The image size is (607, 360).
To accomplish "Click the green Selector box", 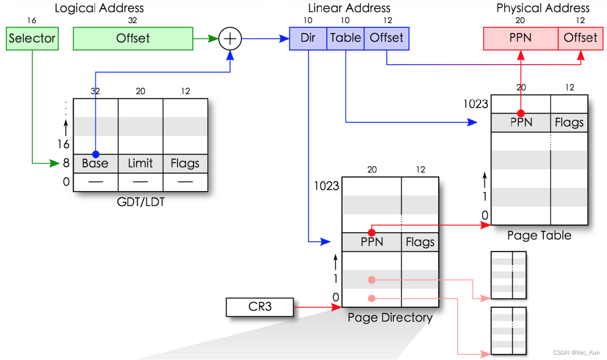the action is (x=32, y=38).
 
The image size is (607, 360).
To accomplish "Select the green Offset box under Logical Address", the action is (x=133, y=38).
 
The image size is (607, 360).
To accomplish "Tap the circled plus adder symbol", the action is (x=230, y=39).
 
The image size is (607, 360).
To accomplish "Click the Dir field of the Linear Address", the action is (x=308, y=38).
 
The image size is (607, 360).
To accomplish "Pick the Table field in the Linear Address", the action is (x=345, y=38).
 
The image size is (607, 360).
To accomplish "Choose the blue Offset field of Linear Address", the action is (x=387, y=38).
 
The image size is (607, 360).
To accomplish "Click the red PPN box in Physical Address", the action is (x=521, y=38).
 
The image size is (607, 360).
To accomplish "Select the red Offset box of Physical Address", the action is (x=581, y=38).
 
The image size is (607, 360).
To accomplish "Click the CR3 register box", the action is (x=260, y=307).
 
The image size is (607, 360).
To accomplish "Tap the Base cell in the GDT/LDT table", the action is (x=95, y=164).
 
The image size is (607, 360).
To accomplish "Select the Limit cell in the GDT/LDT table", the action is (x=141, y=164).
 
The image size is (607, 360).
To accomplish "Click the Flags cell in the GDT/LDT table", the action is (x=185, y=164).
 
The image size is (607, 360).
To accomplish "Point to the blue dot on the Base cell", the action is (x=95, y=154).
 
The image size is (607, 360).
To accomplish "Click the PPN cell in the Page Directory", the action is (x=372, y=242).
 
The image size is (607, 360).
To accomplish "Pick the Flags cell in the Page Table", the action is (x=569, y=122).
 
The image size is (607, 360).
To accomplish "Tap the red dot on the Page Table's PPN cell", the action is (x=521, y=113).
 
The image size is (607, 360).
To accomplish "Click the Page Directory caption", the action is (x=390, y=318).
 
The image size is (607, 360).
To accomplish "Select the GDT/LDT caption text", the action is (x=141, y=202).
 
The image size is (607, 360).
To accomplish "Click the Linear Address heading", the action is (x=349, y=8).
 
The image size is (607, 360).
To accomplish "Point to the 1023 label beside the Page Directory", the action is (x=326, y=186).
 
